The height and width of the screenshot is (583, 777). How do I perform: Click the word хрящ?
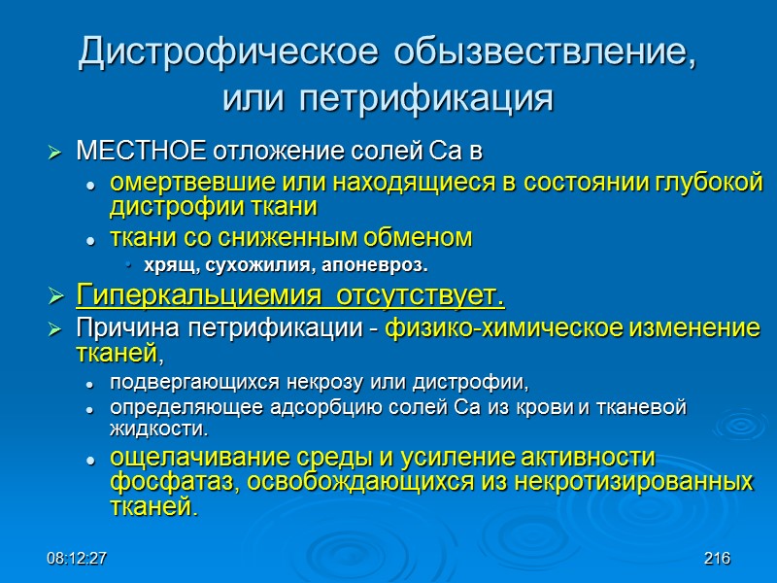click(x=169, y=265)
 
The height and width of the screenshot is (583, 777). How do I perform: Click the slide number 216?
click(x=717, y=559)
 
